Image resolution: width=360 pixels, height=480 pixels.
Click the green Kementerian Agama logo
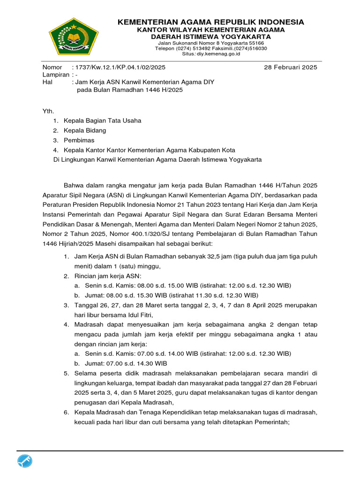74,37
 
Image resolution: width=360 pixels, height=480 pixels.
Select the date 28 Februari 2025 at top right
291,67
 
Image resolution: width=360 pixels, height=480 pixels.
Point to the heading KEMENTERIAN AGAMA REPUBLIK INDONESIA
210,22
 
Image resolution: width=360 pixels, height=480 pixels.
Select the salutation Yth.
48,111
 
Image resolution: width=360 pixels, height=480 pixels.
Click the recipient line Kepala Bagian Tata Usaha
103,120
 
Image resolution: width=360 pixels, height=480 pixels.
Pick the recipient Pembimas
79,140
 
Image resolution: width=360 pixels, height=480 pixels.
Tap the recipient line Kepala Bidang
85,130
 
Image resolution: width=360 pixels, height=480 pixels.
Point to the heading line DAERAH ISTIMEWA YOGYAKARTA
210,37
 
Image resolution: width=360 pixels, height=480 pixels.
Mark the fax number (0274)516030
249,48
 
